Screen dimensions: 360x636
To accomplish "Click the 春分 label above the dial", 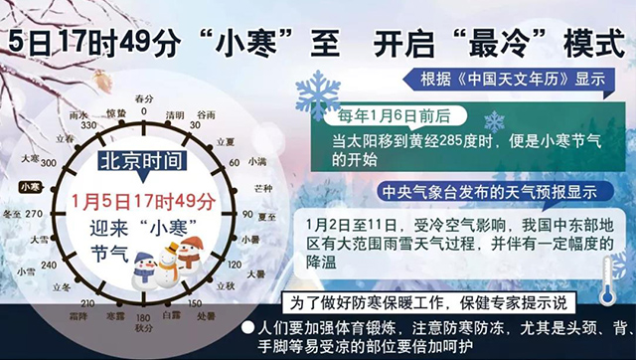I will [x=144, y=98].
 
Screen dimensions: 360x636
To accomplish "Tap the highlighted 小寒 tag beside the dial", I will [x=31, y=186].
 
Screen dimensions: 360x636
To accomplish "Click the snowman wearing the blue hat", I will [x=146, y=269].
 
